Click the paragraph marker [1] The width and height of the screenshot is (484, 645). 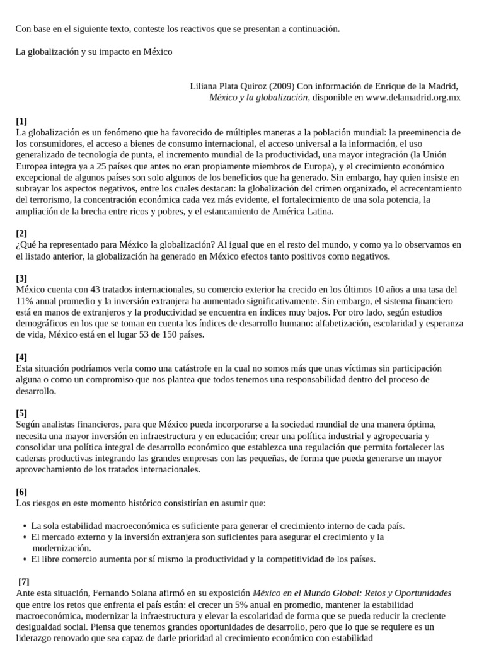coord(21,121)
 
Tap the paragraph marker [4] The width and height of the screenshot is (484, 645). coord(21,357)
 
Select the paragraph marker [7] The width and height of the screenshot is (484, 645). coord(24,582)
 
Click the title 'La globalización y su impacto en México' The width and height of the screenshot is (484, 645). coord(94,52)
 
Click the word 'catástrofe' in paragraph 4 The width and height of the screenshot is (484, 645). coord(173,368)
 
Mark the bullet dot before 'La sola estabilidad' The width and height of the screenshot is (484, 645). coord(24,526)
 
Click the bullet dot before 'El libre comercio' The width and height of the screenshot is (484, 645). coord(24,559)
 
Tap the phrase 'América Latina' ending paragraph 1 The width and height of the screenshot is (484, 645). coord(303,212)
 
